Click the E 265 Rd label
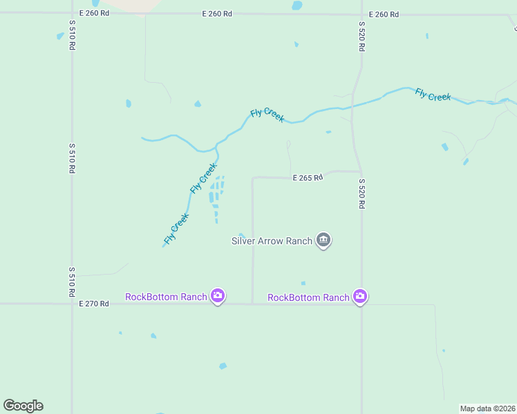click(x=308, y=177)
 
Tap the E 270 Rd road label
click(x=94, y=304)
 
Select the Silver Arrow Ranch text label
click(x=272, y=241)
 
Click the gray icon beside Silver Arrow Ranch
click(x=323, y=240)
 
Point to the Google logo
click(x=23, y=406)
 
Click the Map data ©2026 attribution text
click(x=487, y=408)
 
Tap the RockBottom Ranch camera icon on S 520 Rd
click(x=359, y=297)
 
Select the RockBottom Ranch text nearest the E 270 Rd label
click(x=166, y=297)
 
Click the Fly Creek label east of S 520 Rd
click(x=433, y=95)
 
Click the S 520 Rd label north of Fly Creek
click(x=361, y=37)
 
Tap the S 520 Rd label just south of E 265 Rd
click(x=361, y=194)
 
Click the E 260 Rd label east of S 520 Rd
click(x=384, y=14)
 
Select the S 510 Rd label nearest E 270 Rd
click(x=71, y=282)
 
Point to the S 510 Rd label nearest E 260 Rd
click(x=71, y=34)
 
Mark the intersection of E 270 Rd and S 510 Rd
click(x=71, y=304)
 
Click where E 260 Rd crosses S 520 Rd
click(x=361, y=14)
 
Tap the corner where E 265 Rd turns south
click(x=253, y=179)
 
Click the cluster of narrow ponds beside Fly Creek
click(x=217, y=197)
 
